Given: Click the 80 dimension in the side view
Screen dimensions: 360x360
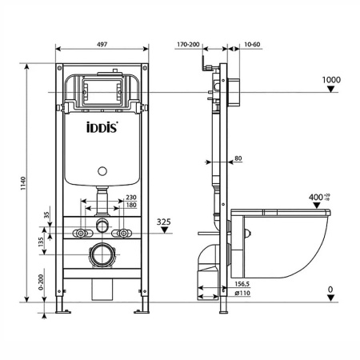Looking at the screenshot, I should click(238, 158).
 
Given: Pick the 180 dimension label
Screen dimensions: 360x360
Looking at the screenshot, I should click(130, 206).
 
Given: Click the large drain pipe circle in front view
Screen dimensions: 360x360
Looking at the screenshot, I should click(102, 258).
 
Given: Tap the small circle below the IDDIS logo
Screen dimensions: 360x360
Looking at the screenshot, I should click(101, 170).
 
